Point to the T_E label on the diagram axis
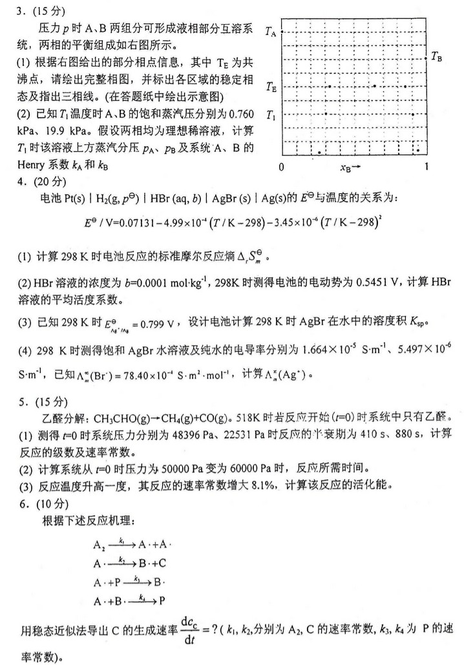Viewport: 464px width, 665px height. [x=271, y=85]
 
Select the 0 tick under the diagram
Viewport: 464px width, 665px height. [x=281, y=167]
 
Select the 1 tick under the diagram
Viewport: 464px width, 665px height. [x=425, y=167]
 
